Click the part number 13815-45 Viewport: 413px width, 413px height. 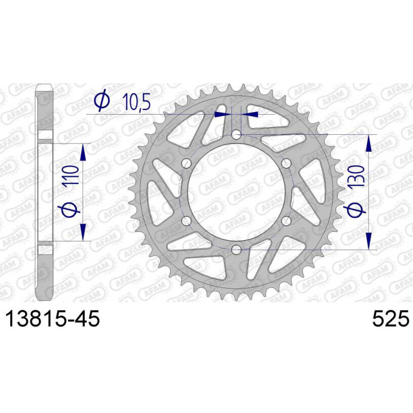(53, 319)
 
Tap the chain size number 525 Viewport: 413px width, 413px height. (391, 319)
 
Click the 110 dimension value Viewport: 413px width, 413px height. (71, 175)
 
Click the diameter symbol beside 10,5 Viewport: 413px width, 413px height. (102, 100)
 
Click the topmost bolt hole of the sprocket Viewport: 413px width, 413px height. (236, 135)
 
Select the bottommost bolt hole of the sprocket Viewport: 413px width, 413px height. (236, 250)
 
